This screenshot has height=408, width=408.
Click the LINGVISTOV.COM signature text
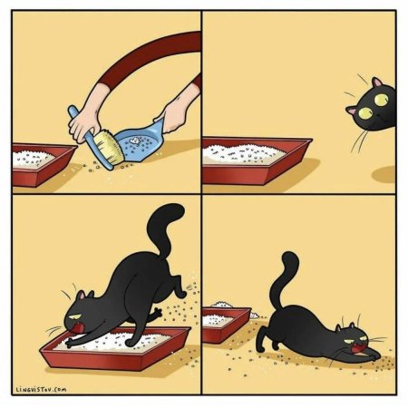tap(42, 390)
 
